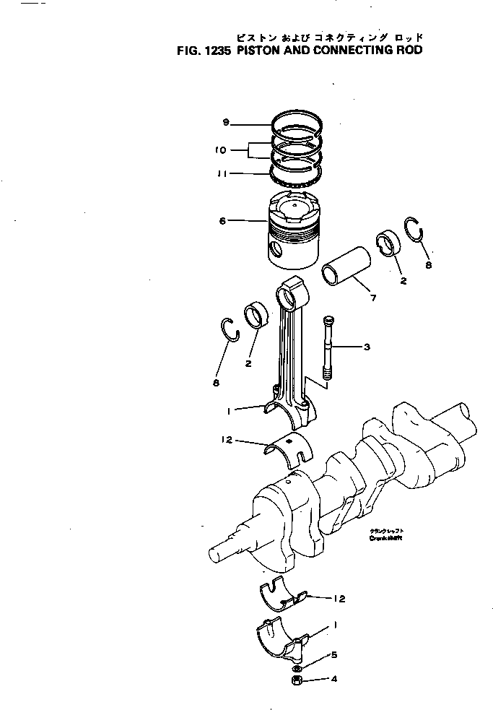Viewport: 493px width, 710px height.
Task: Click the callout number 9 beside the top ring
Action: coord(226,123)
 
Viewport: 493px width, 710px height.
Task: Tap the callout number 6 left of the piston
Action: coord(223,221)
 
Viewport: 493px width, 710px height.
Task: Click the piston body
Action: coord(295,231)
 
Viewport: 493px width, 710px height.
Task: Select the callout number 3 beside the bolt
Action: coord(367,347)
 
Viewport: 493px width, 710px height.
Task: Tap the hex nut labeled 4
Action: coord(297,680)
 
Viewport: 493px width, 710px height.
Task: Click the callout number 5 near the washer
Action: coord(333,655)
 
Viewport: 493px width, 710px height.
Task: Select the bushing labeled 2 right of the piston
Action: coord(387,243)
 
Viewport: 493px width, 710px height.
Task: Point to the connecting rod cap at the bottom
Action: coord(282,634)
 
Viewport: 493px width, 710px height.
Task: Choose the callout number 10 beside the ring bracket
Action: coord(221,150)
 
